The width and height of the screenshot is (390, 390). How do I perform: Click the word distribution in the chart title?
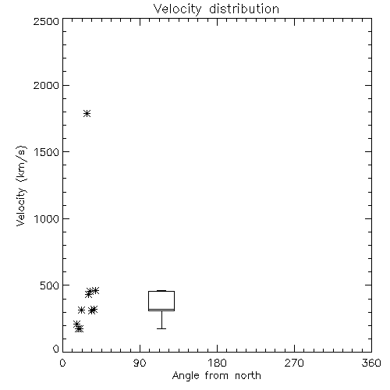click(x=244, y=9)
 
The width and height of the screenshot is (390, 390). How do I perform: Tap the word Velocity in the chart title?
click(x=177, y=9)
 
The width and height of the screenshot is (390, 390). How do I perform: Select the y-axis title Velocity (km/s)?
click(x=21, y=186)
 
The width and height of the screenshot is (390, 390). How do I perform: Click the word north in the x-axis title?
click(x=248, y=375)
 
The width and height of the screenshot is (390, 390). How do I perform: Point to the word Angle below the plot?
click(x=186, y=376)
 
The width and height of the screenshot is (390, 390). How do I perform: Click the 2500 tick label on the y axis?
click(x=46, y=21)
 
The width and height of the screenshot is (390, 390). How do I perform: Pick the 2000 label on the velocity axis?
click(x=46, y=85)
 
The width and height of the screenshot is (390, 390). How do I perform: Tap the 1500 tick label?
click(x=47, y=152)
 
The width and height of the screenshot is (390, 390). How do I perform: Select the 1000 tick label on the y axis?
click(x=47, y=218)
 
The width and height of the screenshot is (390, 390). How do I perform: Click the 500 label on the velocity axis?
click(x=50, y=285)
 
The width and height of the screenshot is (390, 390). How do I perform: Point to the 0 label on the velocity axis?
click(x=56, y=349)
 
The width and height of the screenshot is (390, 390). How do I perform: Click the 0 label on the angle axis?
click(x=62, y=363)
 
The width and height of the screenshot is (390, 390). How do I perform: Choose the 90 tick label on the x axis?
click(x=140, y=363)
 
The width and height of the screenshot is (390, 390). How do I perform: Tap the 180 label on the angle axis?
click(x=217, y=363)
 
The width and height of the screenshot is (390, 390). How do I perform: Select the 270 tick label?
click(x=294, y=363)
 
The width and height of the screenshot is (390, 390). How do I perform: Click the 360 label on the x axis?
click(x=371, y=363)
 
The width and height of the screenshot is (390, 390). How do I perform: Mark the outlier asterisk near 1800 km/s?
click(x=87, y=113)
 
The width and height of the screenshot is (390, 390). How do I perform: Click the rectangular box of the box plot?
click(x=161, y=292)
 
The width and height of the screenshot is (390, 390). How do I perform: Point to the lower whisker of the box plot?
click(x=161, y=320)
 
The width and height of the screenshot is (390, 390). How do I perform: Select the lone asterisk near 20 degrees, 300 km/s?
click(x=82, y=310)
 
